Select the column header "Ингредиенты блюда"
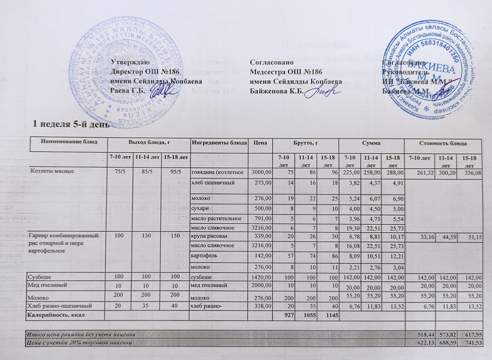click(219, 142)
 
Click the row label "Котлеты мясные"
click(55, 171)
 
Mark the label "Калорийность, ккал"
click(56, 315)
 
